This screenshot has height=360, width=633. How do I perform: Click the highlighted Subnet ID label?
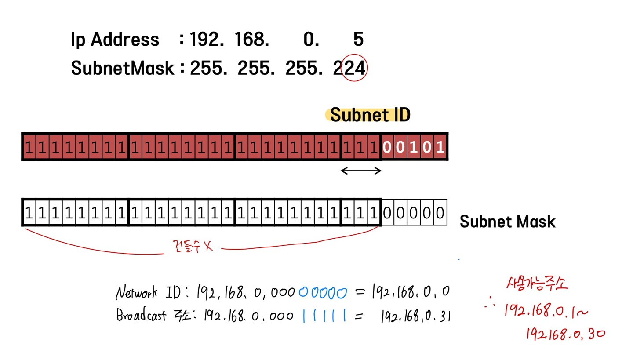click(x=370, y=115)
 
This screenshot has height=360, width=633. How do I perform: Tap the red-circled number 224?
click(x=354, y=68)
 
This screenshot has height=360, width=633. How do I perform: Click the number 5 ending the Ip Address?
click(x=358, y=40)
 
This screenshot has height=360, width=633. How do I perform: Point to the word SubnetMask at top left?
click(x=123, y=69)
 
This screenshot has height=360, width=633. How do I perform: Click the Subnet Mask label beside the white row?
click(x=507, y=222)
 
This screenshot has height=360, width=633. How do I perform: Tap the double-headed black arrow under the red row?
click(x=361, y=171)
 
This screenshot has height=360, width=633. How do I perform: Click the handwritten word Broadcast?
click(x=142, y=315)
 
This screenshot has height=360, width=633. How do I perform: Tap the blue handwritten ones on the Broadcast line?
click(x=324, y=316)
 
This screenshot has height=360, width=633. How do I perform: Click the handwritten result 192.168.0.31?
click(x=415, y=316)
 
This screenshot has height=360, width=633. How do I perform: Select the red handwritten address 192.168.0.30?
click(x=565, y=335)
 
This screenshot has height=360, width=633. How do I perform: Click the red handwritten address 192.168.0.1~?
click(x=545, y=311)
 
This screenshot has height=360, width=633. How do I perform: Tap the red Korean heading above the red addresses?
click(x=537, y=284)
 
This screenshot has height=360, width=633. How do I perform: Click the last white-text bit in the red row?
click(x=440, y=147)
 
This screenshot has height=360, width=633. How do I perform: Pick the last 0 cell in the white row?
click(x=440, y=213)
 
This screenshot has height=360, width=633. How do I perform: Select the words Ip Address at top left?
click(x=115, y=40)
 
